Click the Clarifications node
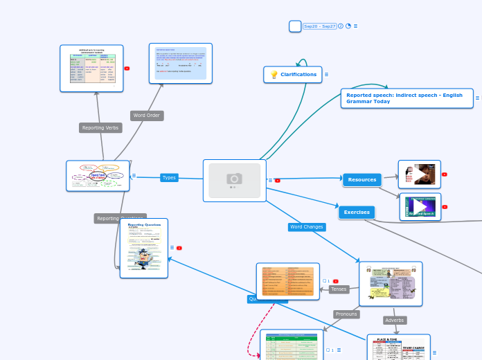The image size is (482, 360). (x=298, y=75)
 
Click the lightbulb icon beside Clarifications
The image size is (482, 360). (x=274, y=75)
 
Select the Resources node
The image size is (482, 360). (x=361, y=180)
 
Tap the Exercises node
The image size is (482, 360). (x=357, y=213)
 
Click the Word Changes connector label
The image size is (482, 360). (x=306, y=227)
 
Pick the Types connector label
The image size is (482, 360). (x=169, y=178)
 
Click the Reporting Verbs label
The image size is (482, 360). (x=100, y=128)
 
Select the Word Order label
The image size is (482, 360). (x=147, y=116)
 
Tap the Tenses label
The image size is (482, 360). (x=339, y=289)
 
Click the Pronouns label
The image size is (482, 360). (x=346, y=314)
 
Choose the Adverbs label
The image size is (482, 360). (x=395, y=321)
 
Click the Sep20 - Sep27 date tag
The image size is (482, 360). (x=319, y=26)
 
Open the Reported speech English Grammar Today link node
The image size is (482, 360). (x=407, y=98)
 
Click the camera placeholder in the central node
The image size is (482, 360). (x=234, y=180)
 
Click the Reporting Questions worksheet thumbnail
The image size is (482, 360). (x=144, y=248)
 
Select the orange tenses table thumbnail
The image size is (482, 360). (x=287, y=281)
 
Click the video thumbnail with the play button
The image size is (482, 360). (x=420, y=207)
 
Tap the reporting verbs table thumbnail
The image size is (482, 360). (x=91, y=69)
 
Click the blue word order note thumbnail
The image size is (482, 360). (x=180, y=64)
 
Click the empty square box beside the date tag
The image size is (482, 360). (x=295, y=26)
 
